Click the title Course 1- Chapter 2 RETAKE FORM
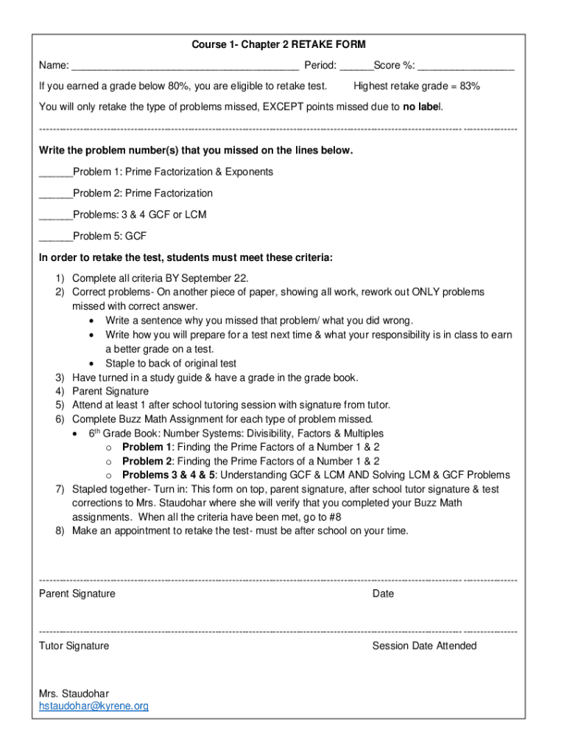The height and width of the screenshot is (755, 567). pos(278,45)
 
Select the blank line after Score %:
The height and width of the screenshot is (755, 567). pos(465,66)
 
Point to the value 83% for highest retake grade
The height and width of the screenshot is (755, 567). pos(469,86)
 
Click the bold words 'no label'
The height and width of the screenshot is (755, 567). pos(421,107)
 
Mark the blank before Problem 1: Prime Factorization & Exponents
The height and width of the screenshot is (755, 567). pos(55,173)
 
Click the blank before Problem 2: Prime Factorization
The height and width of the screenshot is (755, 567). pos(55,194)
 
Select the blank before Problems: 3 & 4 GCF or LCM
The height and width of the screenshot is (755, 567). pos(55,215)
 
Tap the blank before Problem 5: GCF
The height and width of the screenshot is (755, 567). pos(55,237)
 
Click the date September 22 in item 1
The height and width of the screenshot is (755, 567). pos(219,278)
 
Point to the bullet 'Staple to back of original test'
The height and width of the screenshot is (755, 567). pos(171,363)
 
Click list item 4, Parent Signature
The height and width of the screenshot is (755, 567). pos(110,392)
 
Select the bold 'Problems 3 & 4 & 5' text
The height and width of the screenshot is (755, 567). pos(169,475)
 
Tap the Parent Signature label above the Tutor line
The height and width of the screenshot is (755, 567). pos(77,594)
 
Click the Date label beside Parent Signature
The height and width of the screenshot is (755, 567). pos(383,594)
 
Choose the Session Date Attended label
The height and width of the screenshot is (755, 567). pos(424,646)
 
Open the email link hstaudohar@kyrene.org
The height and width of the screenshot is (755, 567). pos(94,706)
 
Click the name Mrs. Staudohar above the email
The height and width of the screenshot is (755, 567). pos(74,693)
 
